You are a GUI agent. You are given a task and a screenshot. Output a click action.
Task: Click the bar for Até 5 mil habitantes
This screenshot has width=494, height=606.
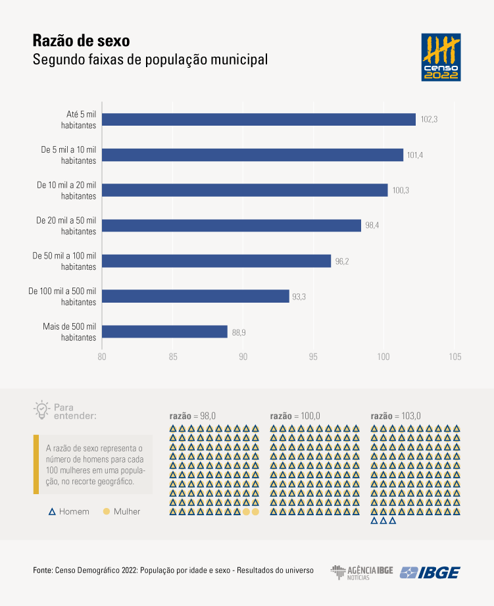(x=259, y=119)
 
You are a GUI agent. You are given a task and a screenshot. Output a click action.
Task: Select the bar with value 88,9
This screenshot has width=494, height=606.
(x=165, y=332)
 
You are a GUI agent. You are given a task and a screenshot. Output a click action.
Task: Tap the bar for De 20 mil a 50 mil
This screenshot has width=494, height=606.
(x=232, y=225)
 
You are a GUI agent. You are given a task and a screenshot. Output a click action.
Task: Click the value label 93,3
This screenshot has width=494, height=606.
(x=299, y=297)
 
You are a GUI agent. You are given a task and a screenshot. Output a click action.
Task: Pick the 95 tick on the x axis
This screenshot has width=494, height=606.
(x=313, y=357)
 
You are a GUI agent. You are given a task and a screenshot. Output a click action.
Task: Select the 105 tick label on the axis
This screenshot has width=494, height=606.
(x=455, y=357)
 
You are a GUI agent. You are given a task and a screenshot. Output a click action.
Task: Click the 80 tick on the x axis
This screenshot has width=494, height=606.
(x=102, y=357)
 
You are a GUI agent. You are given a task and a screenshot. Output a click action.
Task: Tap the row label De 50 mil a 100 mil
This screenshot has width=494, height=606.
(x=64, y=261)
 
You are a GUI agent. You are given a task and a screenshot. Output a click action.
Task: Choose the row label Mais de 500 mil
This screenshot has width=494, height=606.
(x=70, y=332)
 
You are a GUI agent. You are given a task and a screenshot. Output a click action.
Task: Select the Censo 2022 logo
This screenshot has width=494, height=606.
(x=441, y=57)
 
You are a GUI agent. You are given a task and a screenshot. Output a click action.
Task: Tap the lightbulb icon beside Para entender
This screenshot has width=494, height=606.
(x=41, y=410)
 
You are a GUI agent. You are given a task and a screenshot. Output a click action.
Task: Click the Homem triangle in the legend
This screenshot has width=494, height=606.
(x=51, y=511)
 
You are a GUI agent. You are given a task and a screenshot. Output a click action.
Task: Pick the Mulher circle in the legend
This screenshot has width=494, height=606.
(x=106, y=511)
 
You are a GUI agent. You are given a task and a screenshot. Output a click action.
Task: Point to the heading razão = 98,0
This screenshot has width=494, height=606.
(x=192, y=416)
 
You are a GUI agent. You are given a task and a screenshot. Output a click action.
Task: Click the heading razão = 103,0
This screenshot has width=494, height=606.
(x=395, y=416)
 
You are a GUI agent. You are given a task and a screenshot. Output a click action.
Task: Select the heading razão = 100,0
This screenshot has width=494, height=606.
(x=295, y=416)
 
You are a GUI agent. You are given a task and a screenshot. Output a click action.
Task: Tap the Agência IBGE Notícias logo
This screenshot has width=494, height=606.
(x=361, y=572)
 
